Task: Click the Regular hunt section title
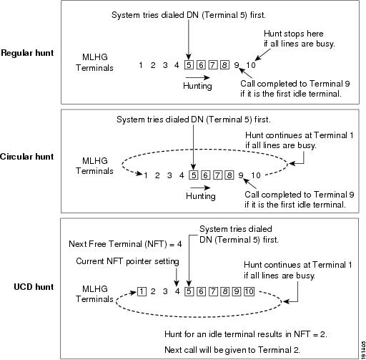tap(27, 53)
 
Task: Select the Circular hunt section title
tap(26, 157)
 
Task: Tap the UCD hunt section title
tap(34, 287)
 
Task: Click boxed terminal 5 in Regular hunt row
tap(189, 65)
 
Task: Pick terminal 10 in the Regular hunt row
tap(251, 65)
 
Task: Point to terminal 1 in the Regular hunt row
tap(141, 65)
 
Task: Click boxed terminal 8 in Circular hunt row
tap(229, 175)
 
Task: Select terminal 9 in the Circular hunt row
tap(241, 175)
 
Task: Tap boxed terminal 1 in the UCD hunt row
tap(142, 291)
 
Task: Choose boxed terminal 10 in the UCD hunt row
tap(249, 291)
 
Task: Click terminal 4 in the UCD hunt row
tap(177, 291)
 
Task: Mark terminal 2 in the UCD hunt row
tap(153, 291)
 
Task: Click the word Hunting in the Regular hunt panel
tap(197, 86)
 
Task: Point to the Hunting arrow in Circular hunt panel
tap(200, 188)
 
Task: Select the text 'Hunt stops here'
tap(294, 34)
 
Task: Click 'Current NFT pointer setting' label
tap(127, 261)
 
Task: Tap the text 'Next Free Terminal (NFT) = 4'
tap(125, 244)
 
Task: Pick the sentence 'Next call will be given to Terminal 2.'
tap(232, 350)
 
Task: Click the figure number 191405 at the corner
tap(363, 350)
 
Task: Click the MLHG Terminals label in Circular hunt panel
tap(94, 166)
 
